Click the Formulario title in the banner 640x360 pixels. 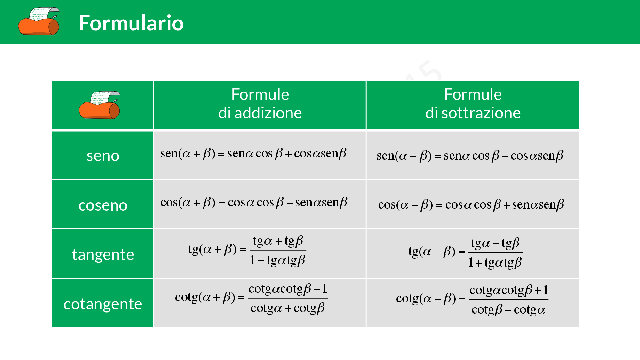[131, 23]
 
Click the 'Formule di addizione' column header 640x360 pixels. [260, 104]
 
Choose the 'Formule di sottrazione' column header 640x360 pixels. [473, 104]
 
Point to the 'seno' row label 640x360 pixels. [103, 156]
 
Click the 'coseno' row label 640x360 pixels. [103, 205]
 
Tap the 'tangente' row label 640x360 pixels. [103, 254]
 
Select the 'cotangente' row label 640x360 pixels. [103, 304]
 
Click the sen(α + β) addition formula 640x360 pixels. [253, 154]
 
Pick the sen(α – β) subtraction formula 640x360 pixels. [469, 156]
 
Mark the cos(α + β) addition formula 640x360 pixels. [253, 203]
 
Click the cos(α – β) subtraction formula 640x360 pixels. [471, 205]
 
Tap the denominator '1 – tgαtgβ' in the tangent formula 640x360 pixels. [277, 260]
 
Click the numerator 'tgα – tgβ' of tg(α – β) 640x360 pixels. [495, 244]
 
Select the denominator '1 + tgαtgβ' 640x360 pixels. [495, 262]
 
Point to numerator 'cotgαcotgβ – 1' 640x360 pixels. [288, 289]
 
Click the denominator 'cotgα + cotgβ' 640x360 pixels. [287, 308]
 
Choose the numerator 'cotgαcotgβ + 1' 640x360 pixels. [508, 290]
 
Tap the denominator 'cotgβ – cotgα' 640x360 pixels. [508, 310]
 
